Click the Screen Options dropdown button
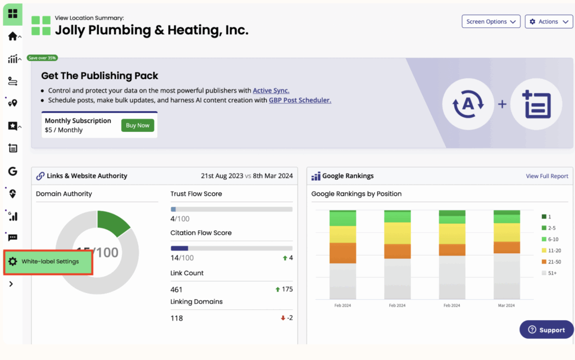[x=491, y=21]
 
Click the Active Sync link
[x=271, y=90]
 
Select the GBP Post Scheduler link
[x=300, y=100]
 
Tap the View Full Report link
[x=547, y=176]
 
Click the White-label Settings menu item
[x=49, y=262]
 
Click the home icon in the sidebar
[x=12, y=37]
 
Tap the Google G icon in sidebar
[x=12, y=171]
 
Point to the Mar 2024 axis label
[x=506, y=306]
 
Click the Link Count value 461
[x=176, y=289]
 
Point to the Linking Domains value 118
[x=176, y=318]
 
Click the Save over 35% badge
[x=42, y=58]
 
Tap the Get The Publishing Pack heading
[x=99, y=76]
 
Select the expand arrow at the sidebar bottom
[x=11, y=284]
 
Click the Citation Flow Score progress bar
[x=231, y=248]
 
